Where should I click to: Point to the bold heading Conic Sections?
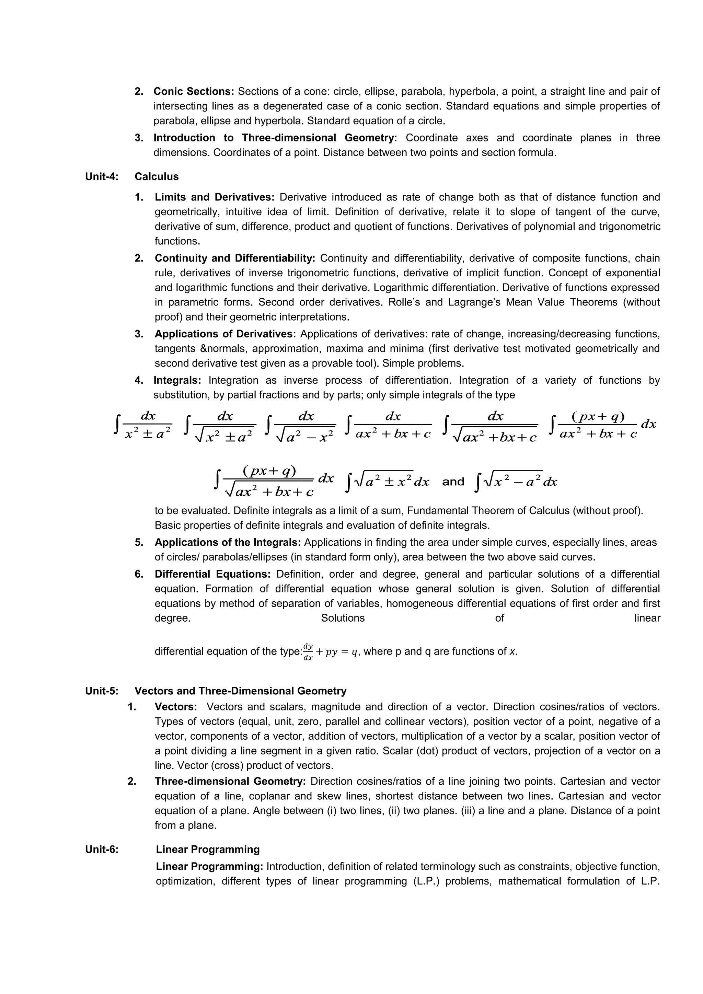194,91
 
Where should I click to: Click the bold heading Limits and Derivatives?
214,197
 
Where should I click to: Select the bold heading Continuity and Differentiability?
235,258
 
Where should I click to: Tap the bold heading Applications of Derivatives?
225,334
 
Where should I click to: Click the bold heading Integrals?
177,381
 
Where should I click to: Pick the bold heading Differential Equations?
212,575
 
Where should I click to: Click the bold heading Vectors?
175,707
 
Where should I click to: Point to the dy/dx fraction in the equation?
308,652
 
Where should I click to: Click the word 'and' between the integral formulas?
453,482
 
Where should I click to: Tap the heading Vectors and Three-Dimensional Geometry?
240,691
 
